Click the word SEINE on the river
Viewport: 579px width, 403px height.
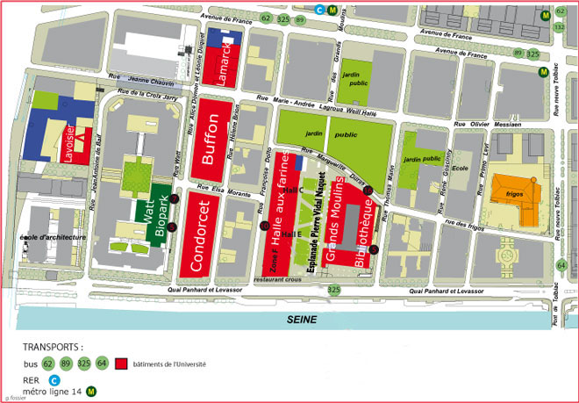coord(303,320)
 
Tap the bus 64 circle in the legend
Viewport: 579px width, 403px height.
coord(102,363)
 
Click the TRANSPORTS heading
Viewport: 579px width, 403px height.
coord(52,347)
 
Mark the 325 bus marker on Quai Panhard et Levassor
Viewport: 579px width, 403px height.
coord(332,289)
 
